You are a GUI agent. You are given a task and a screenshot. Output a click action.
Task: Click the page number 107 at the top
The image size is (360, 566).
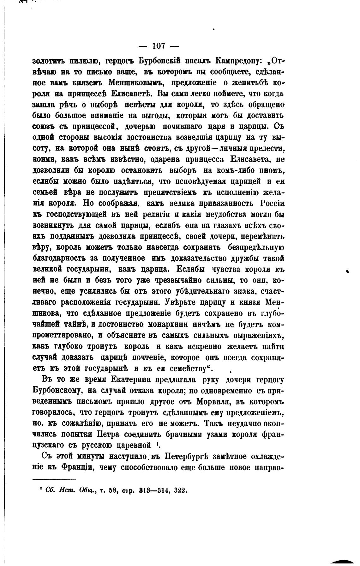click(159, 46)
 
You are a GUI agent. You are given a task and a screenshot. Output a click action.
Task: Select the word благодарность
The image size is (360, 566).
click(59, 258)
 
